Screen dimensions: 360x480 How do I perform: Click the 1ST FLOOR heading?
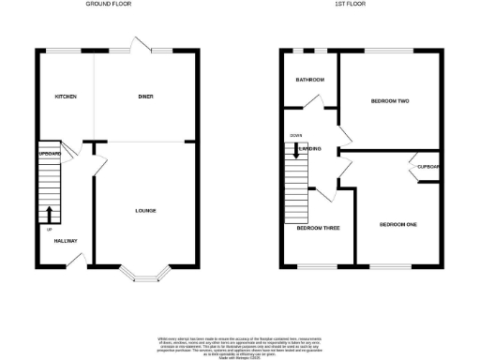pos(349,5)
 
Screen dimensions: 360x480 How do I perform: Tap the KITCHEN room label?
pos(65,97)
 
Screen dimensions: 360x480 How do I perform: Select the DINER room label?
pos(145,97)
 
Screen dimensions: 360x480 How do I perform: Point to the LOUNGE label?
pos(144,210)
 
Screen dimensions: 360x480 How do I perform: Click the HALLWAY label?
pos(65,241)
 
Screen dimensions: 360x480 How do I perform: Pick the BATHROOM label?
pos(309,80)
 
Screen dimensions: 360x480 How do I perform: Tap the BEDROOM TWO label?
pos(389,100)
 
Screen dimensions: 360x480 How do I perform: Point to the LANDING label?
pos(309,148)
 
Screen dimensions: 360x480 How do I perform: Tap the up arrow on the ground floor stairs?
pos(50,215)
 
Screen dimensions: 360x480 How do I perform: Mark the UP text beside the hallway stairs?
pos(48,229)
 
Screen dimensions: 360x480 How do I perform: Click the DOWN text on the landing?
pos(295,135)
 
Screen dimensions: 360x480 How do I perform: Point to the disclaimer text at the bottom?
pos(239,344)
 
